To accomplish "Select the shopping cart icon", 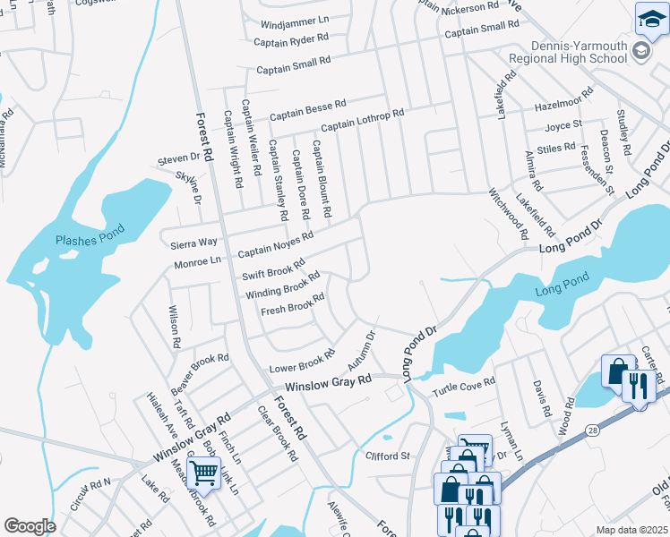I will pos(204,472).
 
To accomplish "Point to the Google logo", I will pos(30,526).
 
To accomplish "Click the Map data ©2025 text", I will pos(631,530).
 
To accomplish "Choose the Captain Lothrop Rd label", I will pos(363,120).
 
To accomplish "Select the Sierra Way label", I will pos(194,243).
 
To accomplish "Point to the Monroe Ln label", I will pos(197,261).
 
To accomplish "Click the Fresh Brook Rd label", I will pos(292,305).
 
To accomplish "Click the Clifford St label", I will pos(387,456).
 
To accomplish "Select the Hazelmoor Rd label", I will pos(563,99).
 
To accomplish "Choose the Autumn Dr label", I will pos(358,349).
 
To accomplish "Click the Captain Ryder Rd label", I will pos(291,40).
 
